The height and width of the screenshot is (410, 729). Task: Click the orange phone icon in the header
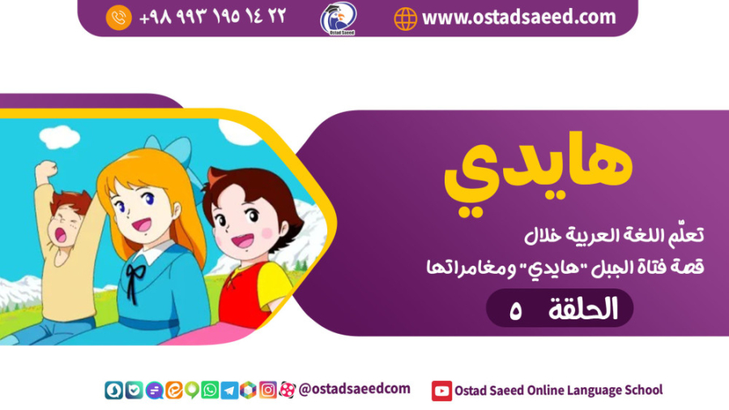click(119, 18)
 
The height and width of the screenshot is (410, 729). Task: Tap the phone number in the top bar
click(212, 17)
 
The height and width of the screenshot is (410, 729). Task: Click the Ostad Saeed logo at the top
click(339, 18)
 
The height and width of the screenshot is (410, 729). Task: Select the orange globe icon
click(405, 18)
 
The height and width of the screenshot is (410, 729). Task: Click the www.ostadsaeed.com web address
click(518, 17)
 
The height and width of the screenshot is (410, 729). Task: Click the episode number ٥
click(515, 309)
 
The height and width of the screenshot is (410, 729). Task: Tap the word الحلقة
click(583, 309)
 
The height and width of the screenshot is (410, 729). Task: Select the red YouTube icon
click(441, 391)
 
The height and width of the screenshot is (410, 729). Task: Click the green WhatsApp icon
click(209, 391)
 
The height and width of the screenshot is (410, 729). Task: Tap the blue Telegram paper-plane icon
click(228, 391)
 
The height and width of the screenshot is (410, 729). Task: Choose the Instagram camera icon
click(267, 391)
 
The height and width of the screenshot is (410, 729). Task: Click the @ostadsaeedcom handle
click(354, 390)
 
